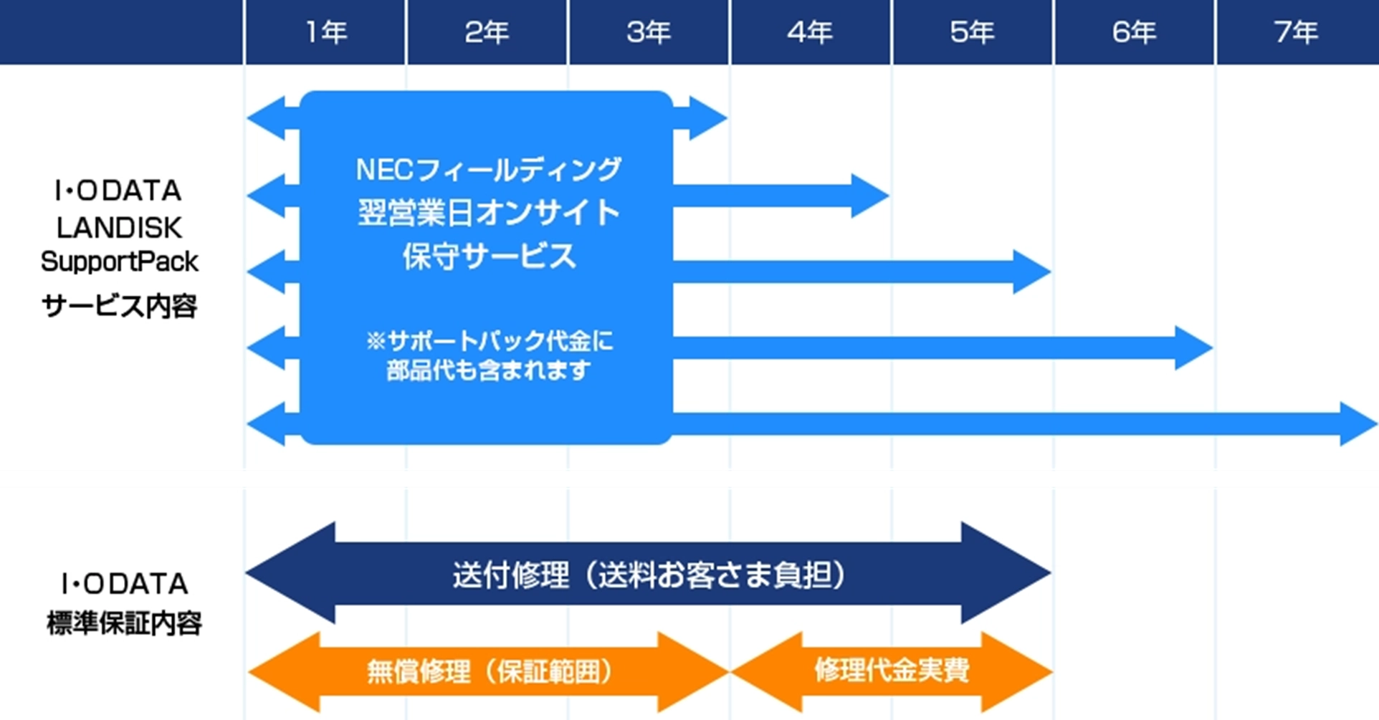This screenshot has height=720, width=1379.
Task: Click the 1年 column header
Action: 326,32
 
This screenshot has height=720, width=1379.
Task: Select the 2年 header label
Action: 487,32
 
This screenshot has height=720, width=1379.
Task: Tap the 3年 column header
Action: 649,32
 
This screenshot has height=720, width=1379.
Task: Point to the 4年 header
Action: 810,32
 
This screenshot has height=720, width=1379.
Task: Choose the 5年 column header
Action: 973,32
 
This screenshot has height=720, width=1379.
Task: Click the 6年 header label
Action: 1134,32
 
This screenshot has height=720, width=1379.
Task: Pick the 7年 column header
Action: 1296,32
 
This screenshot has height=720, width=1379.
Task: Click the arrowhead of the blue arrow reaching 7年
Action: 1359,424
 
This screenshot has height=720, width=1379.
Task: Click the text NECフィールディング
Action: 489,170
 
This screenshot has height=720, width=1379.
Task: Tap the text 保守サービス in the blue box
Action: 489,256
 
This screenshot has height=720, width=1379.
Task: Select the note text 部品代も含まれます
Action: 489,370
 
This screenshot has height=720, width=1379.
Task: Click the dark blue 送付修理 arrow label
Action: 649,575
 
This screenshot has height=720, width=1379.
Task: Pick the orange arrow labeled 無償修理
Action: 489,672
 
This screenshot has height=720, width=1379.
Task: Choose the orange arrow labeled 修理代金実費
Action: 892,672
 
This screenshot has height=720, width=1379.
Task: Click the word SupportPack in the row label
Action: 119,262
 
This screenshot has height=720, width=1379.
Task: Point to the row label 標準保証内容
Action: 124,623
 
